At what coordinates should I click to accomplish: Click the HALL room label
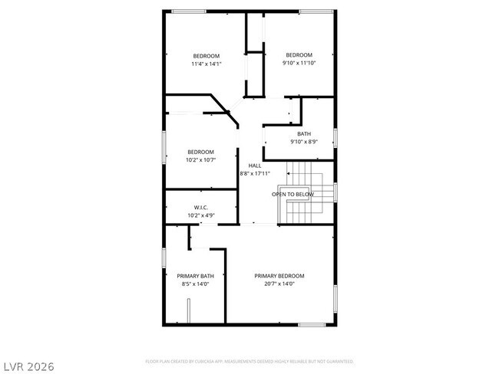255,166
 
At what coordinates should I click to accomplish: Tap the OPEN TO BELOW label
292,195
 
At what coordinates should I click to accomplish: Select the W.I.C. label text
201,208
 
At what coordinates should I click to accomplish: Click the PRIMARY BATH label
195,276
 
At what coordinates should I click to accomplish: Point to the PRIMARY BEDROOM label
279,276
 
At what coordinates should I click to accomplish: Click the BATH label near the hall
304,134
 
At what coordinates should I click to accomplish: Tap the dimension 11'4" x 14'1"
206,64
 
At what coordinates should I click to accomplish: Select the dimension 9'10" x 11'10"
299,63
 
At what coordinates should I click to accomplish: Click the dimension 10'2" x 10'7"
200,160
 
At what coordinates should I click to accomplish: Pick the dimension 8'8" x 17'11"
255,174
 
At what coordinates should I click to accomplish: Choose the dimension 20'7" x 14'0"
279,284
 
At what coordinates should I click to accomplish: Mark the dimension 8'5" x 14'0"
195,284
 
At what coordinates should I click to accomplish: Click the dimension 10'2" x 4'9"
201,215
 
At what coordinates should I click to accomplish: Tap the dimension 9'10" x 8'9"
304,142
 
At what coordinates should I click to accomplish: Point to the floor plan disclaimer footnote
249,360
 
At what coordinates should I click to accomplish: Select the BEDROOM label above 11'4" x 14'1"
206,55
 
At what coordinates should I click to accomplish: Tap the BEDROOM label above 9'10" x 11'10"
299,54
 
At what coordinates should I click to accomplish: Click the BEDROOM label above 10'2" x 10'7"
200,152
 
